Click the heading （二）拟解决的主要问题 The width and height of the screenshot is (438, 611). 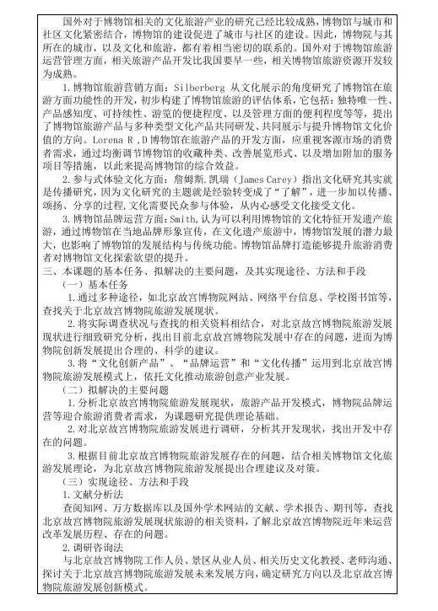pos(117,391)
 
